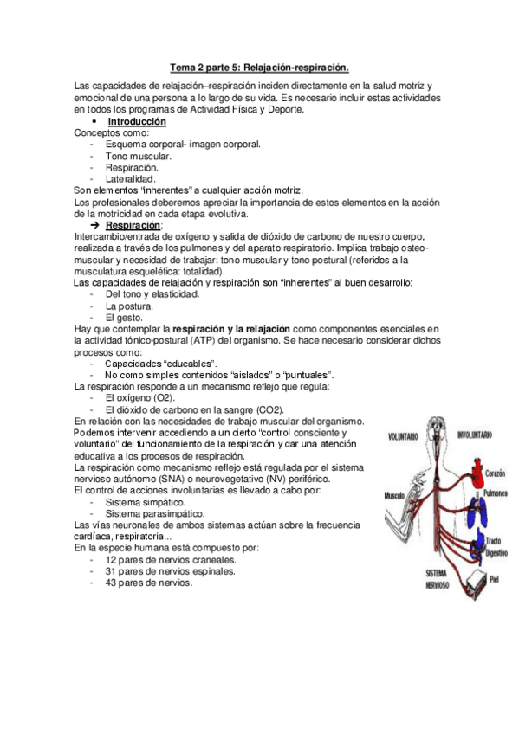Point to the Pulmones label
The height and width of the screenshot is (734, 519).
pyautogui.click(x=496, y=492)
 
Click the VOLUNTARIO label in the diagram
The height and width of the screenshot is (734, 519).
pyautogui.click(x=403, y=434)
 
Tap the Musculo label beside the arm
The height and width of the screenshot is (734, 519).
pyautogui.click(x=396, y=496)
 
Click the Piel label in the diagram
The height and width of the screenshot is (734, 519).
pyautogui.click(x=495, y=578)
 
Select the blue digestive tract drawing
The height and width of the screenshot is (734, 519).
pyautogui.click(x=472, y=544)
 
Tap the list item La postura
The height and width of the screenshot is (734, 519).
pyautogui.click(x=129, y=306)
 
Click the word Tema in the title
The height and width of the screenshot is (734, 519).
pyautogui.click(x=183, y=66)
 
